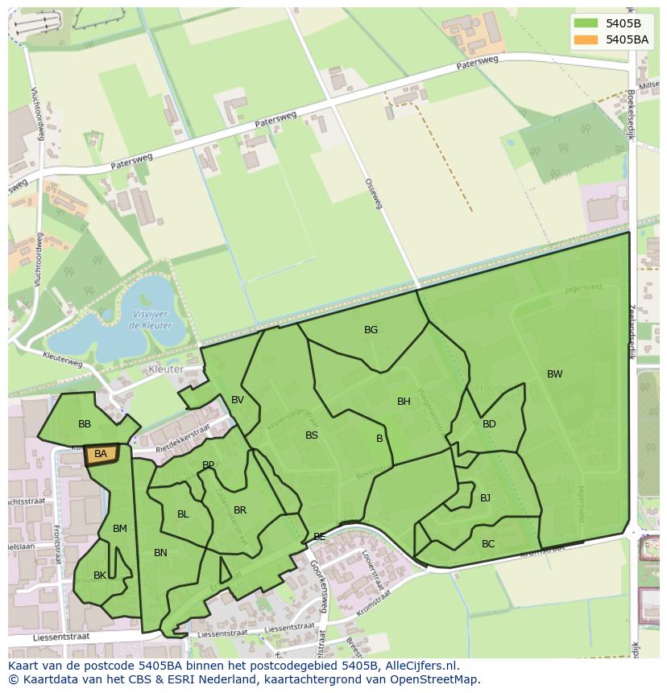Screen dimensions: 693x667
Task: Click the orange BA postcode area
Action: point(101,455)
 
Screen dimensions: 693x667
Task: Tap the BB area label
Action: point(85,424)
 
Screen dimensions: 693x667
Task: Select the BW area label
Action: point(554,374)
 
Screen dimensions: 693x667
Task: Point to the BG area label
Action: point(371,330)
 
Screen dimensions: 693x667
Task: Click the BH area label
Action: point(404,402)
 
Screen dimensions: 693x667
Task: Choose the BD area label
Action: point(489,424)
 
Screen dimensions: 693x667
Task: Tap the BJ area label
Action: point(485,498)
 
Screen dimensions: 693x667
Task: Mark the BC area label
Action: point(488,544)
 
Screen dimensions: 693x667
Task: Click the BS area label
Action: point(312,435)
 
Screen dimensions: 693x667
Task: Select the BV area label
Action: point(238,400)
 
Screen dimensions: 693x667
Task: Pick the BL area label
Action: point(183,514)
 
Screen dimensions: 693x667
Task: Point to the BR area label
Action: point(240,510)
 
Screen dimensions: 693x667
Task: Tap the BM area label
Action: point(120,529)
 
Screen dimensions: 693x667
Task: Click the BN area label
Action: point(160,553)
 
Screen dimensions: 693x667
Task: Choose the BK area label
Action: point(100,575)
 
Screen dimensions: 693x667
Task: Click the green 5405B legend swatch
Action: point(587,23)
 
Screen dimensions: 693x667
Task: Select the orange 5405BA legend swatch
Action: point(587,39)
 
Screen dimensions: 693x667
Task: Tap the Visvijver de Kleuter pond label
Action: point(149,320)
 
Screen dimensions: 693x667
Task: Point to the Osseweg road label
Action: point(373,194)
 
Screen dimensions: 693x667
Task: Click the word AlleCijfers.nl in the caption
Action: point(420,666)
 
